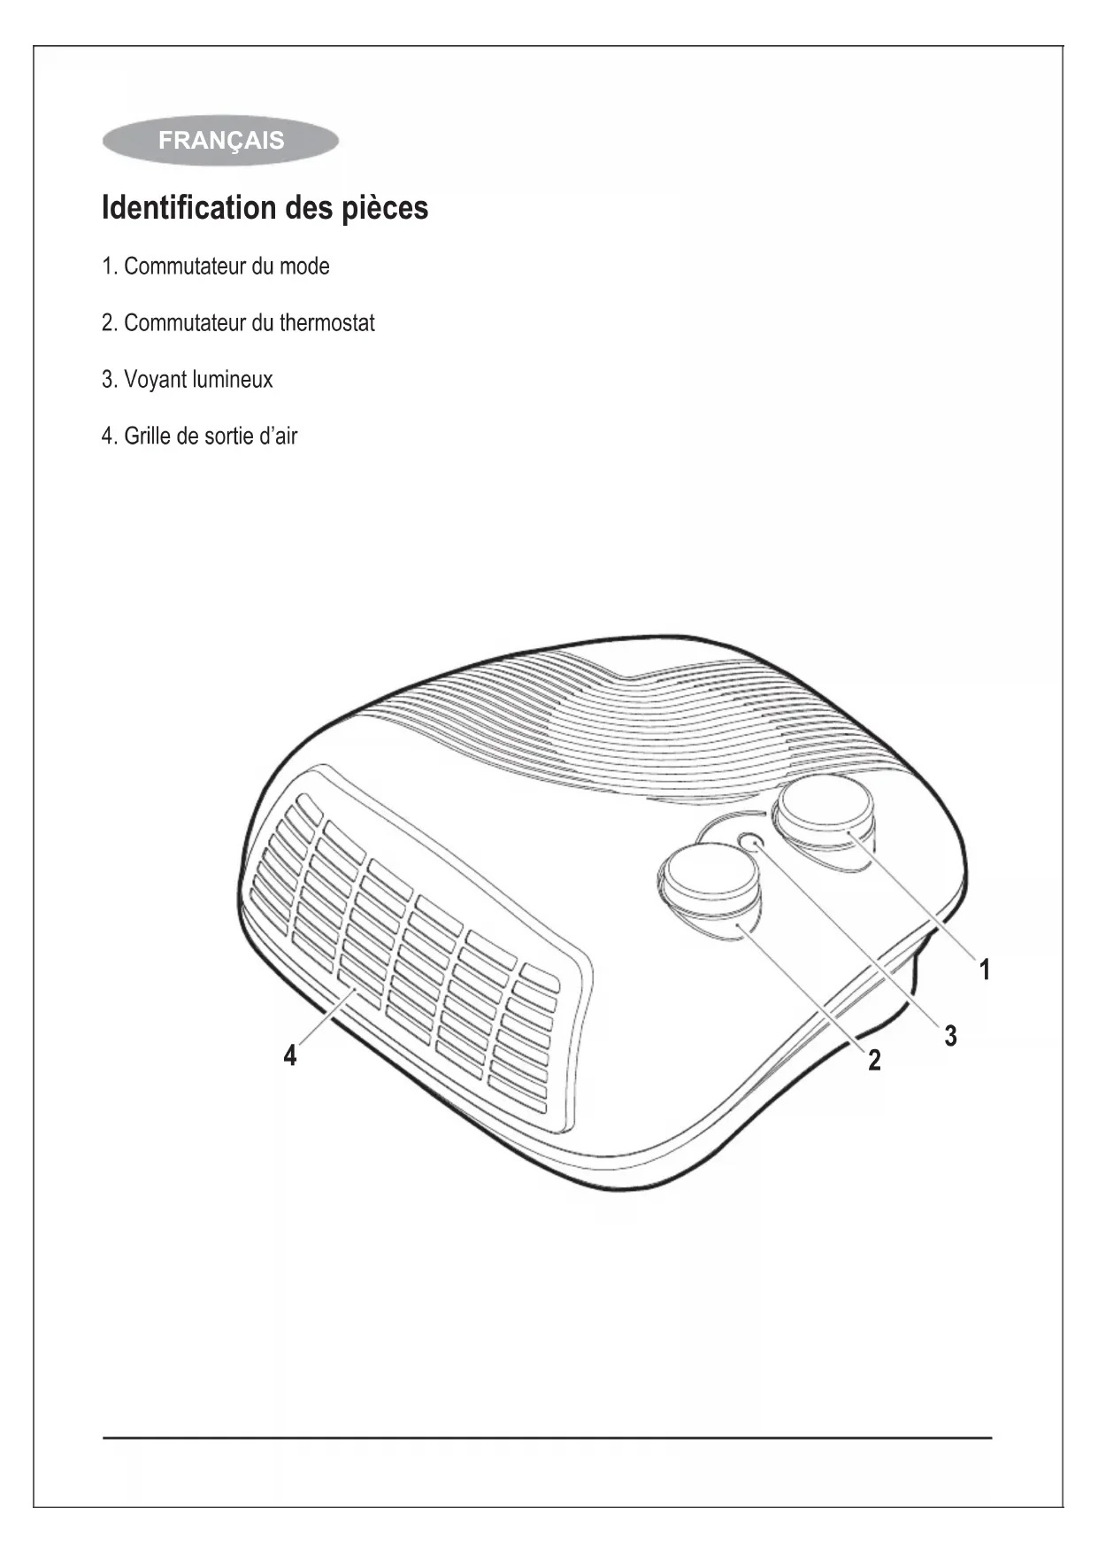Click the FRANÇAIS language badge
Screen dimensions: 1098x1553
220,141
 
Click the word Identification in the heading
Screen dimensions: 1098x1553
189,208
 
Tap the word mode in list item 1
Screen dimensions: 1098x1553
304,267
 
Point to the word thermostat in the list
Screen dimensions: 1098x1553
326,323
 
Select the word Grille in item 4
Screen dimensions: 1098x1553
148,437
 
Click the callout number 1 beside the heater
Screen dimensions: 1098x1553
984,970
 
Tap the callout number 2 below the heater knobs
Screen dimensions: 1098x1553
874,1059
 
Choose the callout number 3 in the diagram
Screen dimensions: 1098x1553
950,1035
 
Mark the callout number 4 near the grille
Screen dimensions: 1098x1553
290,1055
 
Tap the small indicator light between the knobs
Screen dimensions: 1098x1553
751,841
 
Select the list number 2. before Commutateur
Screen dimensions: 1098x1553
110,323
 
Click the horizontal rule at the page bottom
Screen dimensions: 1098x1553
548,1438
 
